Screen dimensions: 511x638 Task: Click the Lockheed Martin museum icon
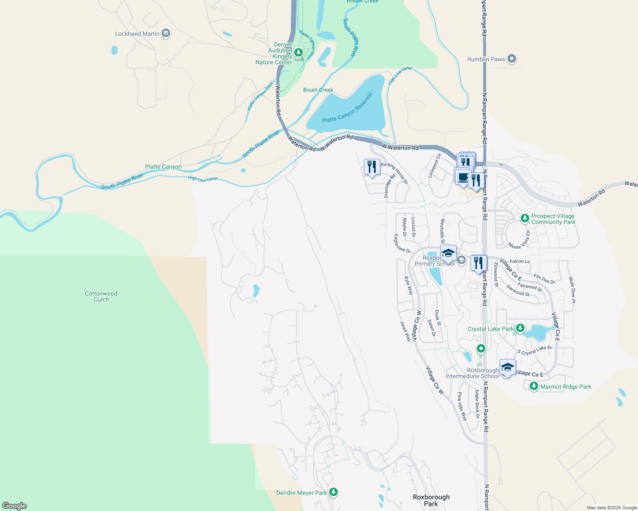coord(166,33)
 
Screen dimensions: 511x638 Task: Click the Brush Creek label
coord(318,90)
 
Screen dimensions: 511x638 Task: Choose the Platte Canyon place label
coord(163,167)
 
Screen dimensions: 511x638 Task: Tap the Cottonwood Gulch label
coord(101,296)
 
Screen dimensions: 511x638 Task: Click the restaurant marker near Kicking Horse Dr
coord(372,167)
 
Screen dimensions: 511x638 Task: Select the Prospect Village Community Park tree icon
coord(525,218)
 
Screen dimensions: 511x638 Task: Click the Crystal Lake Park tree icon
coord(520,328)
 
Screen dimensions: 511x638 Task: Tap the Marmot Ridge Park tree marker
coord(534,386)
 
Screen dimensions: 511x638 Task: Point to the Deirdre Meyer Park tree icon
coord(333,492)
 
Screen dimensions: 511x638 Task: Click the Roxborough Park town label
coord(431,500)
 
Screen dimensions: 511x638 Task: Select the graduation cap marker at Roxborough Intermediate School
coord(507,367)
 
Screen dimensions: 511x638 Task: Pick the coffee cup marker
coord(462,177)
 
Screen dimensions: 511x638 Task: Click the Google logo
coord(14,506)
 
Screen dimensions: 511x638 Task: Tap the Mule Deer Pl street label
coord(572,290)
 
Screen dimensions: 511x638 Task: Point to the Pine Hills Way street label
coord(462,406)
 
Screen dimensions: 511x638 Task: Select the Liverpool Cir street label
coord(435,166)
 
